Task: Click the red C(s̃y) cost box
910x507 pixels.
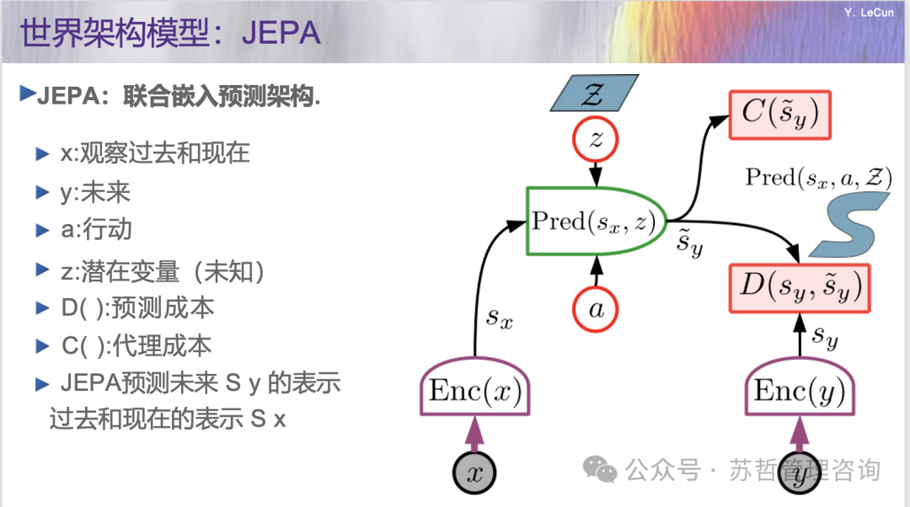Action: (x=779, y=115)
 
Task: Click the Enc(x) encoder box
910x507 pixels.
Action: (x=474, y=391)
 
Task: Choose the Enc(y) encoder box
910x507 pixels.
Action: (x=799, y=391)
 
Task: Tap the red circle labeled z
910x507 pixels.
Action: (x=597, y=139)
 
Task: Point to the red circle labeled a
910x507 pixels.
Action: (x=597, y=308)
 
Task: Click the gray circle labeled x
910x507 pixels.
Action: (x=475, y=472)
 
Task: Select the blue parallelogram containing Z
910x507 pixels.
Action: (x=595, y=93)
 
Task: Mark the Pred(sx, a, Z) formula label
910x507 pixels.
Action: (x=818, y=178)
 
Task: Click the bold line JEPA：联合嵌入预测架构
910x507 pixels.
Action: (x=178, y=97)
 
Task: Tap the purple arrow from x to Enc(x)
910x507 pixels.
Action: (x=475, y=434)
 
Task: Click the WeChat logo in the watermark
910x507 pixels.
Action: (x=602, y=469)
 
